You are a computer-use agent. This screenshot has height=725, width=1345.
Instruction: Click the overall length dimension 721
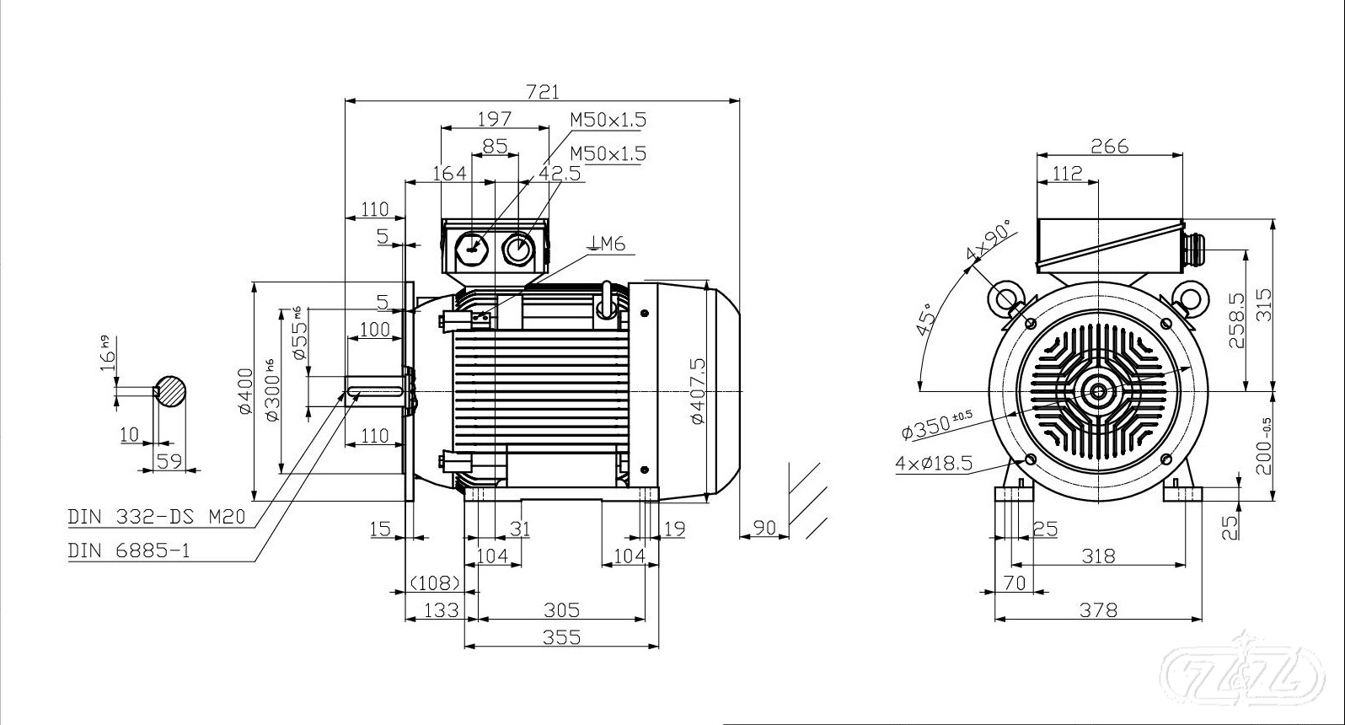[543, 91]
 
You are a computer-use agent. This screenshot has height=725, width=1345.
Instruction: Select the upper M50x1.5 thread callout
[608, 120]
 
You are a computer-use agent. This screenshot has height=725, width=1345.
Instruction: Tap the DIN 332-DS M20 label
[157, 517]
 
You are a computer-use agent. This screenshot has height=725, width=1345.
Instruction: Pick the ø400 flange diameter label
[245, 391]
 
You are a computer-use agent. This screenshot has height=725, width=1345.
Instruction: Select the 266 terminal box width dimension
[1109, 146]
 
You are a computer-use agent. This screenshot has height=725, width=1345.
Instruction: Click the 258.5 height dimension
[1237, 320]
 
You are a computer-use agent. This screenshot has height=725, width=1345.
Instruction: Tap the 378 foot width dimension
[1099, 609]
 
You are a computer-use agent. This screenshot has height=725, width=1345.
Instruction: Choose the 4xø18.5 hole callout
[934, 464]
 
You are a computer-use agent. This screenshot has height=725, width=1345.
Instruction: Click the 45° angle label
[925, 320]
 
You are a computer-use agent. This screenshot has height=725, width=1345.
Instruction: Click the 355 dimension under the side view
[561, 636]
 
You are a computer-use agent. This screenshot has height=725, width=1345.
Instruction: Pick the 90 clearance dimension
[764, 528]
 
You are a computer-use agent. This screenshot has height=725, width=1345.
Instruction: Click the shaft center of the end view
[1099, 391]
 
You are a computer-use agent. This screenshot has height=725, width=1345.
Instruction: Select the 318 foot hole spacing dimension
[1099, 556]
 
